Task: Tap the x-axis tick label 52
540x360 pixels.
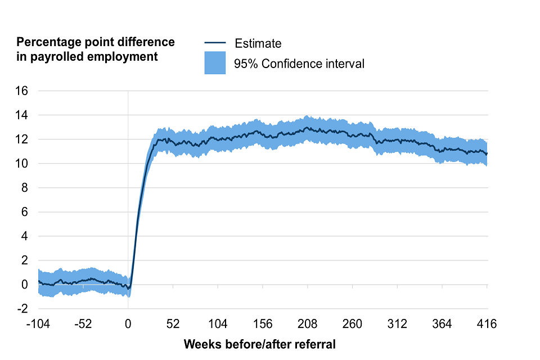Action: point(173,324)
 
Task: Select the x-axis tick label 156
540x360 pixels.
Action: point(263,324)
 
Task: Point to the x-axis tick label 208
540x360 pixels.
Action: point(308,324)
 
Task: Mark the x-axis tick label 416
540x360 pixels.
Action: point(487,324)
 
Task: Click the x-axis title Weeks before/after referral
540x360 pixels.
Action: point(260,344)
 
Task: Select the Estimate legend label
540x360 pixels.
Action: point(258,43)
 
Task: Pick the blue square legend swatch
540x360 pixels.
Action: point(215,63)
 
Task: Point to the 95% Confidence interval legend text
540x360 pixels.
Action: point(299,64)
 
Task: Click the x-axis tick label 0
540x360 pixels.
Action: point(128,324)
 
